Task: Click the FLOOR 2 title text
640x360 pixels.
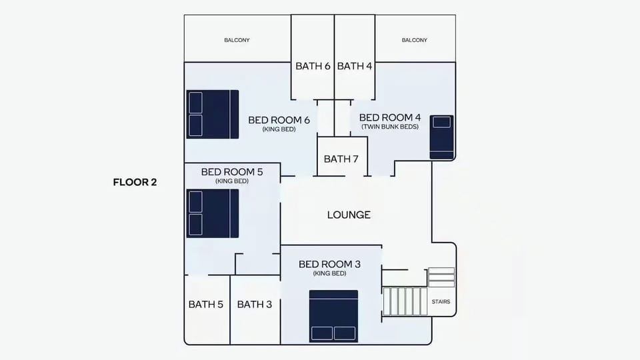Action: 135,182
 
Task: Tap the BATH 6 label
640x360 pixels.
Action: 313,66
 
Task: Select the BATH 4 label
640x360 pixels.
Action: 354,66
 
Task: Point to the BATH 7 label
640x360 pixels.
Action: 341,159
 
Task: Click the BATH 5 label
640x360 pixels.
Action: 206,305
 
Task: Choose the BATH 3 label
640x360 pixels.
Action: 254,305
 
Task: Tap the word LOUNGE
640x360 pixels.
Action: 349,215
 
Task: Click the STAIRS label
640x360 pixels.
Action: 441,301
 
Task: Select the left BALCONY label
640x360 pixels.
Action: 237,40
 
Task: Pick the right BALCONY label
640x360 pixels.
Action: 414,40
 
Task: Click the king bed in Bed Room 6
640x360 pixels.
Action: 213,114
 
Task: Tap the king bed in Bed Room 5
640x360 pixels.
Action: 213,213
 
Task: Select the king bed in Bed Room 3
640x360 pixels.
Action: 333,316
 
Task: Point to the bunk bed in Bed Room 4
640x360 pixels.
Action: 441,137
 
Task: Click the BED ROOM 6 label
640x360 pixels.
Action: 279,120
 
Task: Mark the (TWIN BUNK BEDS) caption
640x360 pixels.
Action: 390,127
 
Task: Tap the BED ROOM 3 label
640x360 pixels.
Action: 329,264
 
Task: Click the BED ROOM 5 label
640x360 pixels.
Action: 232,172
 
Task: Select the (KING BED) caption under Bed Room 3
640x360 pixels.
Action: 329,273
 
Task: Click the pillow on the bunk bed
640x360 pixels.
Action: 441,122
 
